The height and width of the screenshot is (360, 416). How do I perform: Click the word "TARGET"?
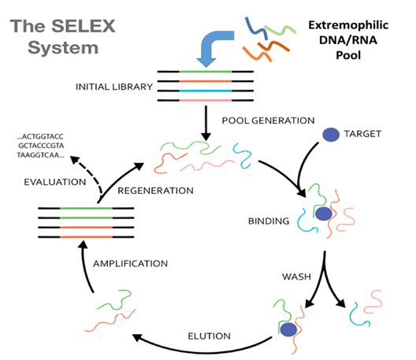pyautogui.click(x=362, y=134)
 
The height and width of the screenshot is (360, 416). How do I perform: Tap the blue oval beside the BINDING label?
pyautogui.click(x=322, y=213)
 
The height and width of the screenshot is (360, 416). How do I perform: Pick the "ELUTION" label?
pyautogui.click(x=208, y=336)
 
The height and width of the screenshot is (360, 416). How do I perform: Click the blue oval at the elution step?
pyautogui.click(x=288, y=331)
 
